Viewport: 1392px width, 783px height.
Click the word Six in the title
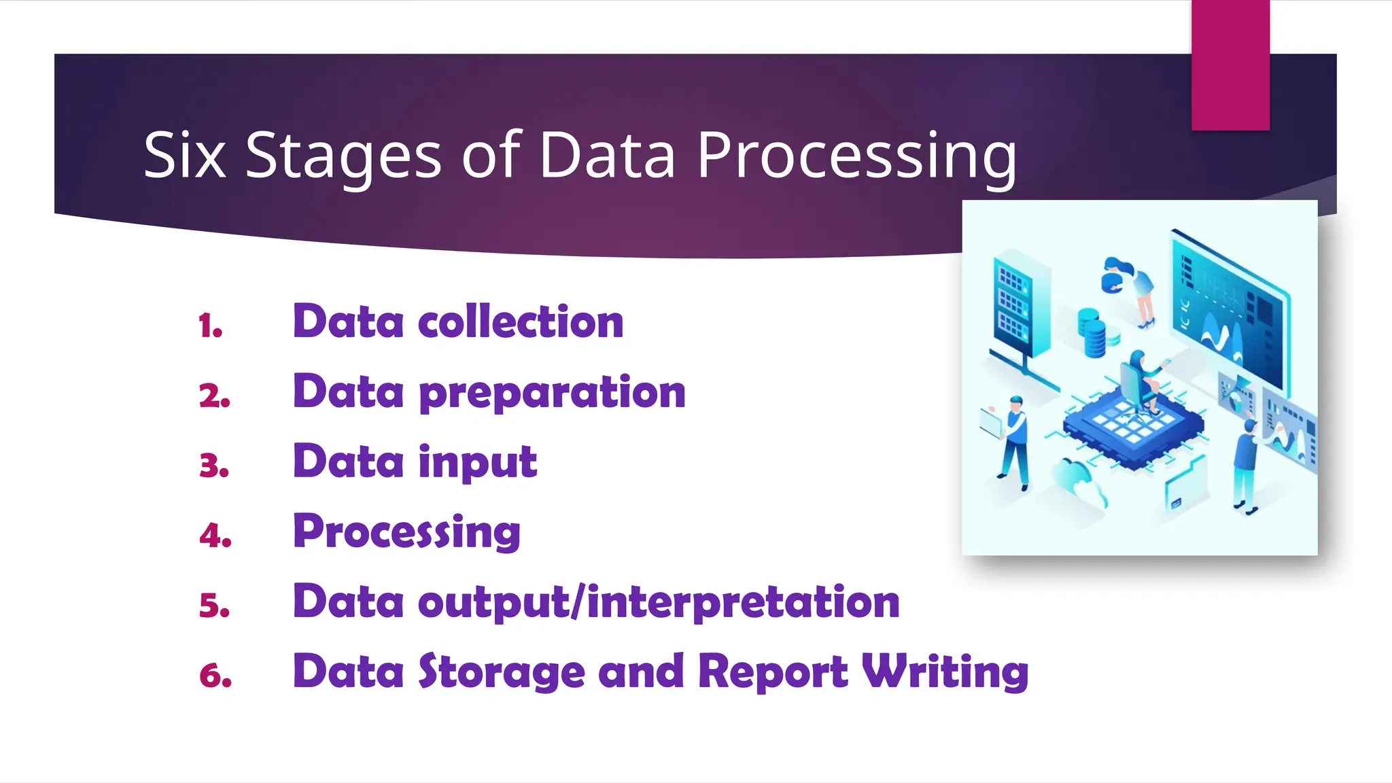[x=184, y=156]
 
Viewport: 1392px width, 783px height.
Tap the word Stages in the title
[x=343, y=157]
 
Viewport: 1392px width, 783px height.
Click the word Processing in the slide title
[x=856, y=157]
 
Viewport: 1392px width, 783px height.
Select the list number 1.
[x=211, y=326]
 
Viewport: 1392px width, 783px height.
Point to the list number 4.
[x=215, y=536]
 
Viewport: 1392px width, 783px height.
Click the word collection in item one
[x=521, y=321]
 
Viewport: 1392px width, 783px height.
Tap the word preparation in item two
[x=553, y=393]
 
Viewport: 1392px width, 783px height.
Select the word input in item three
[x=478, y=463]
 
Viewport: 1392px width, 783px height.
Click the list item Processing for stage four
[x=406, y=532]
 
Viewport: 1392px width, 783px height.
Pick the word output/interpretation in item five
[x=659, y=603]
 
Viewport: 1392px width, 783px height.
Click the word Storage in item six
[x=502, y=672]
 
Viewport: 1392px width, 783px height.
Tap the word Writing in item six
[x=945, y=673]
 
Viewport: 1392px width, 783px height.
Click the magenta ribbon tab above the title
[x=1230, y=65]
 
